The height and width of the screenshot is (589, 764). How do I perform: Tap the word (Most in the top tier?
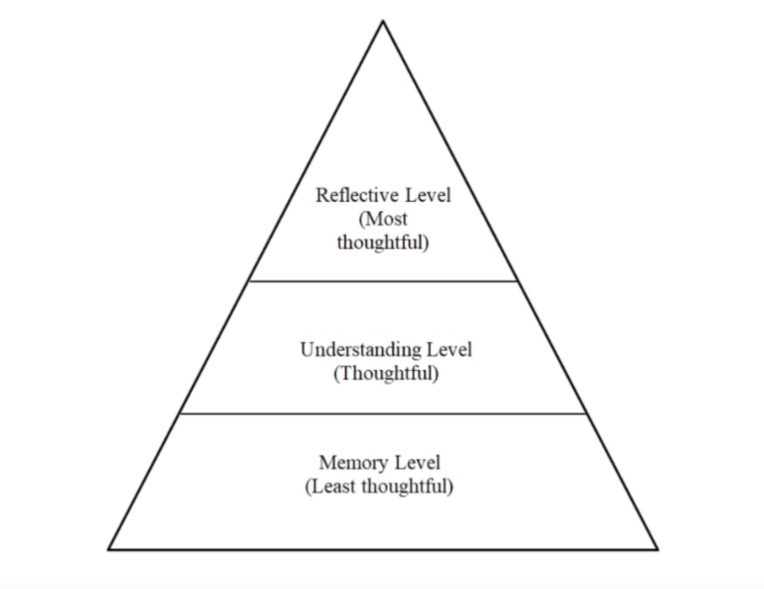[x=383, y=219]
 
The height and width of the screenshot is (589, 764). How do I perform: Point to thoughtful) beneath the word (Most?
[x=383, y=243]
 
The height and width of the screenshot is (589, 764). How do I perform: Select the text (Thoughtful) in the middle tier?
[x=385, y=374]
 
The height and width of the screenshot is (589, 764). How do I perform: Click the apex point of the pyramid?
[x=383, y=21]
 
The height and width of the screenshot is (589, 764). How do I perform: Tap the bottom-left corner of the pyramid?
[x=109, y=548]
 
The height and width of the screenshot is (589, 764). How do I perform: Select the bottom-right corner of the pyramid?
[x=657, y=548]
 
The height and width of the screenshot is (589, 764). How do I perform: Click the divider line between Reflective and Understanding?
[x=383, y=281]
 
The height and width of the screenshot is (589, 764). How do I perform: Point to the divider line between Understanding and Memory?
[x=383, y=413]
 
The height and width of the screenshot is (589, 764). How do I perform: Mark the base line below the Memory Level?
[x=383, y=548]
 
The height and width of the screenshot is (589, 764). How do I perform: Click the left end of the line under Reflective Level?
[x=249, y=281]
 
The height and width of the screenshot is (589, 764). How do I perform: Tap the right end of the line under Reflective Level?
[x=518, y=281]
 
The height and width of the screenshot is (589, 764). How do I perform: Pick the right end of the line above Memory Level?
[x=587, y=413]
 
